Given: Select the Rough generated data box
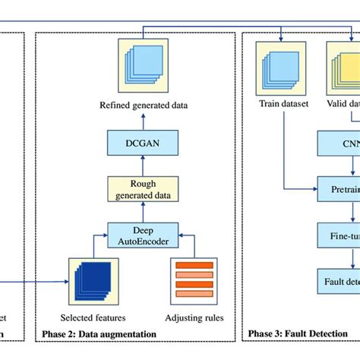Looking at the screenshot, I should pyautogui.click(x=143, y=188).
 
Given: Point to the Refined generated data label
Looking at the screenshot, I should pyautogui.click(x=143, y=104).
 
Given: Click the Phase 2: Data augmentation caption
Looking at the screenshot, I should pyautogui.click(x=100, y=333).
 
